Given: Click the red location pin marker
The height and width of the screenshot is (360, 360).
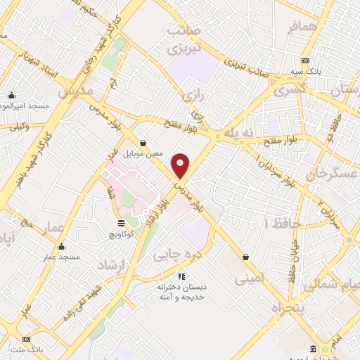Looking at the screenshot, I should pos(181,166).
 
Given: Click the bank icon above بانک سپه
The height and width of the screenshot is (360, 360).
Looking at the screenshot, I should pos(305,61).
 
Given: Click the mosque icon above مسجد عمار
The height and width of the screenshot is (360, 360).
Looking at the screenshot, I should pos(62,246).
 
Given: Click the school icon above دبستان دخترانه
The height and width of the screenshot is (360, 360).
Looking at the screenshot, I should pos(182,276).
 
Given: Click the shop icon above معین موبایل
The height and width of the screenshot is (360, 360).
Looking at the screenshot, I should pos(143,142).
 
